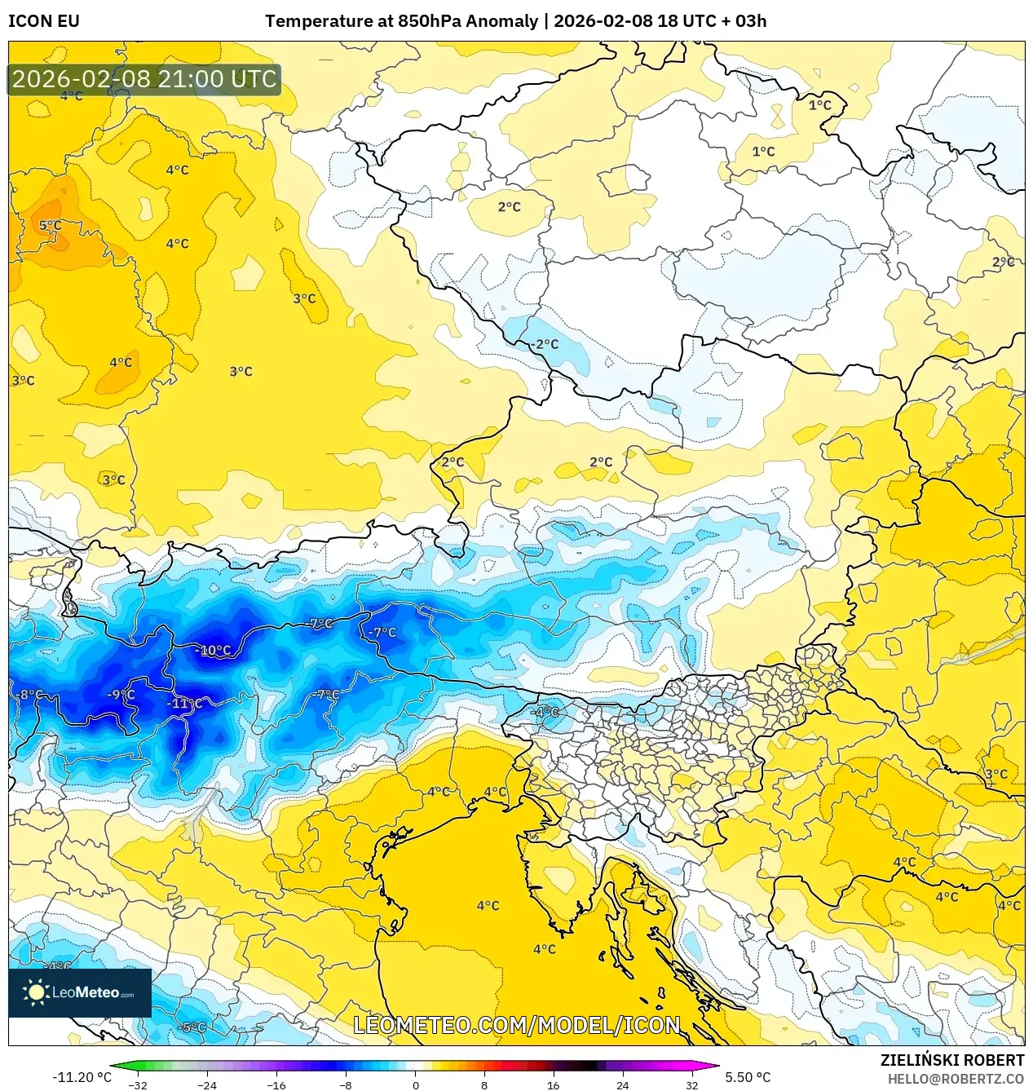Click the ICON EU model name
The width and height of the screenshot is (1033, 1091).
[44, 21]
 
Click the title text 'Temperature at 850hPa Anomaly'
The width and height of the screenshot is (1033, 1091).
[401, 21]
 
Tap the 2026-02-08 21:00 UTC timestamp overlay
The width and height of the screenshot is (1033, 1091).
[144, 79]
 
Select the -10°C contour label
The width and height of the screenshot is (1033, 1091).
[214, 650]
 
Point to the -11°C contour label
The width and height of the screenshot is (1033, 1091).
[184, 703]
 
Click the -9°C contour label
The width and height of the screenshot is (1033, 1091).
[121, 695]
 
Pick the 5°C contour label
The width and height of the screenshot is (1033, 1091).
[50, 225]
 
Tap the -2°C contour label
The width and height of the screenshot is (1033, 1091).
[545, 344]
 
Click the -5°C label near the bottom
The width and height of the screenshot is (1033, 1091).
[192, 1027]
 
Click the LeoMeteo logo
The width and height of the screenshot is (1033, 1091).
[80, 992]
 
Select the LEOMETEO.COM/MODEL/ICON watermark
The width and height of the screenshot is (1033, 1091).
[516, 1025]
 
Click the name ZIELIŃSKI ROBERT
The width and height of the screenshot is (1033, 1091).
[951, 1060]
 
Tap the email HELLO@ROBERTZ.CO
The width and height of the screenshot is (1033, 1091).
[956, 1079]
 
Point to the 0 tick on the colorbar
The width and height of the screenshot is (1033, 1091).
[415, 1084]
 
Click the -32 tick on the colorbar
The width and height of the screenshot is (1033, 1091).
[138, 1084]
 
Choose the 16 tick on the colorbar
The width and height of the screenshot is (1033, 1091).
[553, 1084]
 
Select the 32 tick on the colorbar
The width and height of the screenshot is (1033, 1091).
[691, 1084]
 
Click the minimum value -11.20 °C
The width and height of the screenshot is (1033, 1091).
[82, 1077]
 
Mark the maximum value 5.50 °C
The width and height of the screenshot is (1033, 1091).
[748, 1077]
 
